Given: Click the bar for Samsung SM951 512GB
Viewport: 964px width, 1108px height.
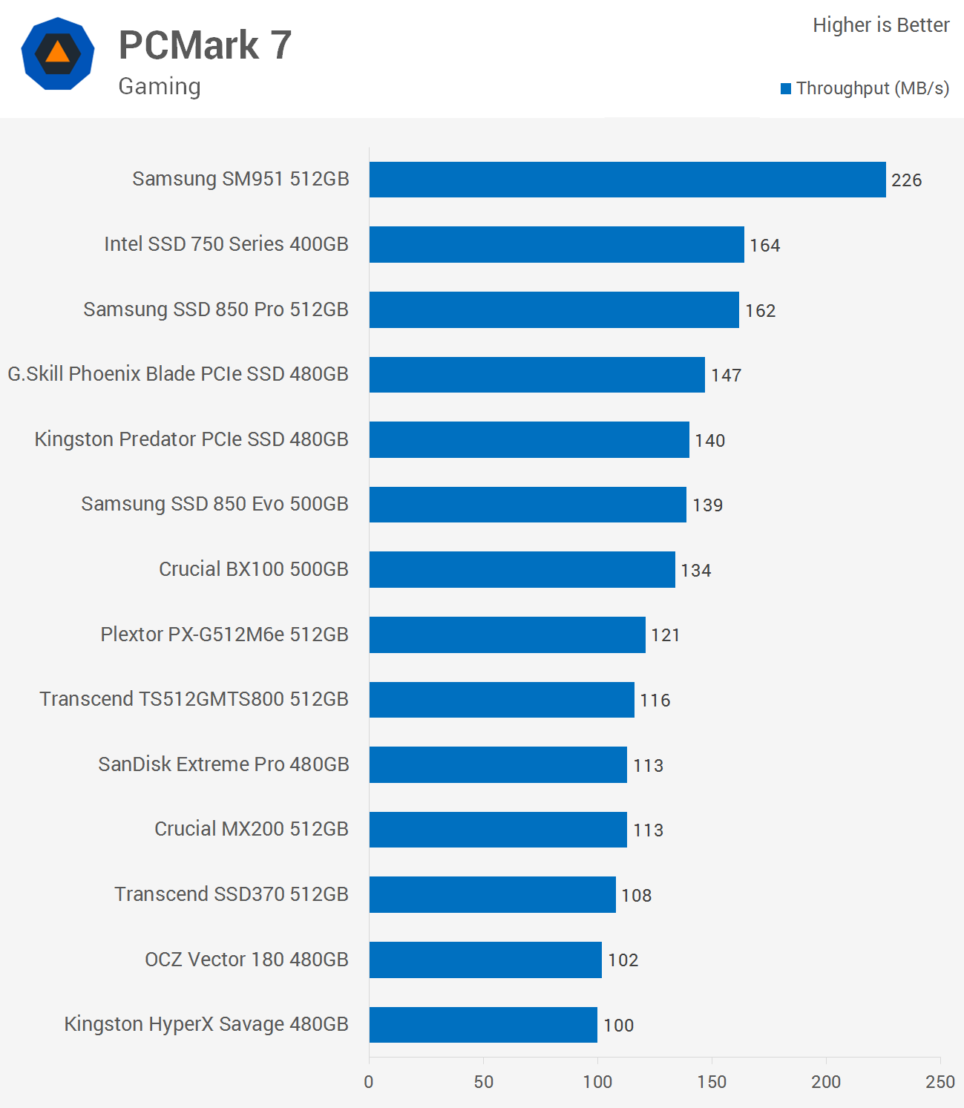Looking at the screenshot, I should coord(627,180).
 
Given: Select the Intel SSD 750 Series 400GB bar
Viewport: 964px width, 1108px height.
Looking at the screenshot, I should coord(557,245).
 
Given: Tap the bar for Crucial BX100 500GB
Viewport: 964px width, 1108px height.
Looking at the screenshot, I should coord(522,569).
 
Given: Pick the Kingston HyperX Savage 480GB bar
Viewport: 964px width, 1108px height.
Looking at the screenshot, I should coord(483,1024).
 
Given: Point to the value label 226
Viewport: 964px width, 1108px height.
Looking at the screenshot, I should coord(906,180).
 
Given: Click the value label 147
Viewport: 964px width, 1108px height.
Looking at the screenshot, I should coord(726,376).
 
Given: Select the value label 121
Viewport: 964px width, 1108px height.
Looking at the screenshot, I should coord(665,635).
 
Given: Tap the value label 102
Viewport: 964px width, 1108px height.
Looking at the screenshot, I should coord(623,960).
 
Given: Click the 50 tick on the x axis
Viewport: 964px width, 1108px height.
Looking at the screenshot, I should coord(483,1081).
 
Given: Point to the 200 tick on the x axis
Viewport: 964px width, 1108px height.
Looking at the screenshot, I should coord(825,1081).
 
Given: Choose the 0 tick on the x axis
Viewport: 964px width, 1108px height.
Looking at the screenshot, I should coord(369,1081).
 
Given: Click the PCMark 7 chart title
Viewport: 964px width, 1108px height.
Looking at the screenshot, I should coord(205,45).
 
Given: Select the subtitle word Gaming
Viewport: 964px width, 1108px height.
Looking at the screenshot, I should coord(160,86).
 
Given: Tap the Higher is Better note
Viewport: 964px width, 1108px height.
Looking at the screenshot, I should coord(880,25).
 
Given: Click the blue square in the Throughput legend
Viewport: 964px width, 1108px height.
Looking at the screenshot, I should coord(786,89).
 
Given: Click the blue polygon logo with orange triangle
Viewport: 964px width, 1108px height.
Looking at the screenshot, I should coord(58,53).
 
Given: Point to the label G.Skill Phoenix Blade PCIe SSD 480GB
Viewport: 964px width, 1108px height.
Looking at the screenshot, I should coord(178,374).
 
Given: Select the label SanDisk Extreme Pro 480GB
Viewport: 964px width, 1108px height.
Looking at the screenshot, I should coord(223,764).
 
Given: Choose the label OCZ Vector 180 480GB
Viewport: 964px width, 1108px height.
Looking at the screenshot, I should coord(246,960).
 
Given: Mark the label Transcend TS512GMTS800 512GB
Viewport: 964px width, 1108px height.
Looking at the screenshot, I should coord(194,699).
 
